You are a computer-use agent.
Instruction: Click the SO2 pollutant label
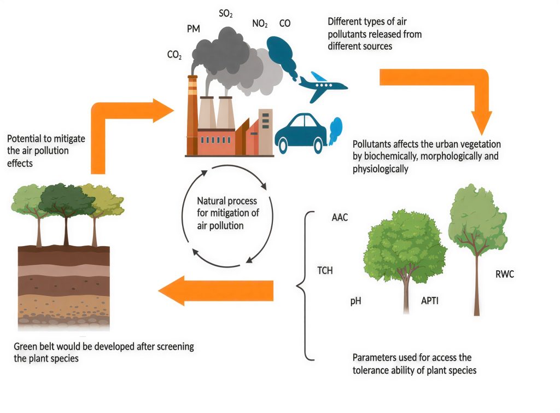226,14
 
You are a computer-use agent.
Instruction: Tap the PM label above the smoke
194,29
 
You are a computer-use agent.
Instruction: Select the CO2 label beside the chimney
174,55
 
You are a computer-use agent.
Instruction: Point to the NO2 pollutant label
260,24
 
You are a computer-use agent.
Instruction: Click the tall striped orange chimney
192,115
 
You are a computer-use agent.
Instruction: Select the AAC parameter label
340,217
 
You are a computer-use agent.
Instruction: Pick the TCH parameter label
325,270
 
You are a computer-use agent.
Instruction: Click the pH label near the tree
355,301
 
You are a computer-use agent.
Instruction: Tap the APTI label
430,300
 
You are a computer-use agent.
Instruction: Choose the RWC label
505,274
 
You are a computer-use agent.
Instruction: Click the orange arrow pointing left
215,290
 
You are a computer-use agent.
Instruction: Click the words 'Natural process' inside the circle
227,201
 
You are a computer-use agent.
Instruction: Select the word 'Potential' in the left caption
26,138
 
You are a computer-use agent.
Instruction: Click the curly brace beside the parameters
305,286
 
